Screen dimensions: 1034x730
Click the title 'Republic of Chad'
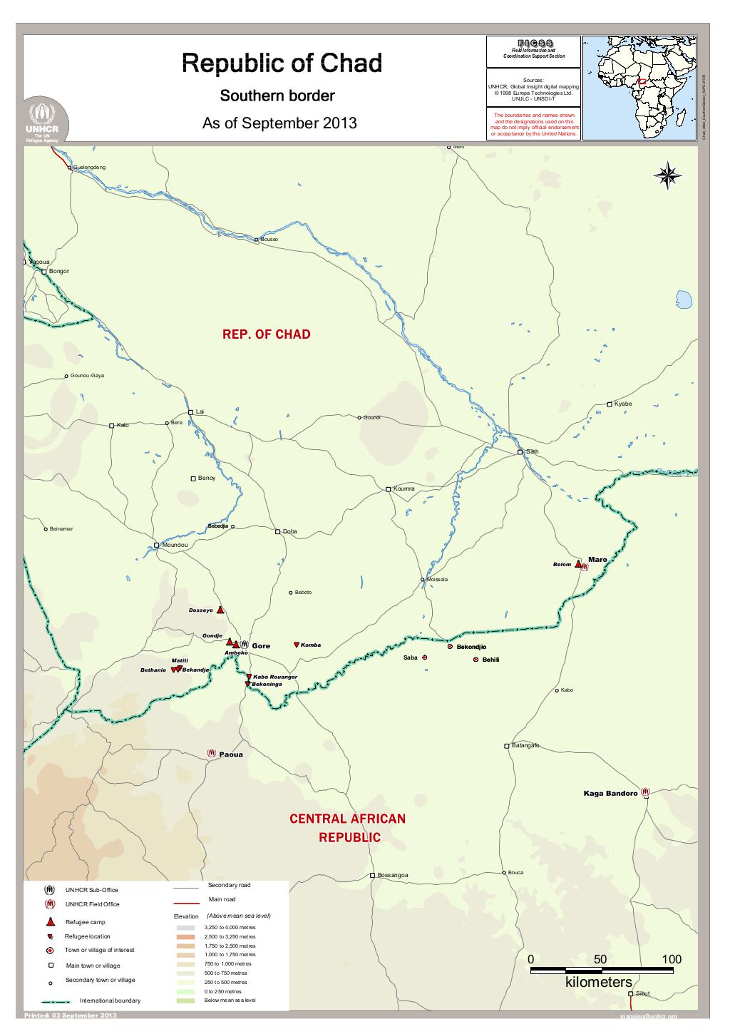pyautogui.click(x=282, y=63)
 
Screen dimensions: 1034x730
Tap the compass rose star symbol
pyautogui.click(x=669, y=175)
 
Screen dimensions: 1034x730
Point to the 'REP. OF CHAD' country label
pyautogui.click(x=267, y=334)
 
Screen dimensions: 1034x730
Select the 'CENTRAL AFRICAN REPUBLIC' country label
pyautogui.click(x=347, y=828)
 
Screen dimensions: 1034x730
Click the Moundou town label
pyautogui.click(x=175, y=545)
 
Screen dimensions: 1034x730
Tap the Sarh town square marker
pyautogui.click(x=520, y=452)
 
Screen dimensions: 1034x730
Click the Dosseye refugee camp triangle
pyautogui.click(x=221, y=610)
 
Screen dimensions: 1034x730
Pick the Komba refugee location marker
pyautogui.click(x=297, y=645)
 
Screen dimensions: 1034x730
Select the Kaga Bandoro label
pyautogui.click(x=610, y=794)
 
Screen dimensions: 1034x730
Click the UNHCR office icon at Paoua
pyautogui.click(x=212, y=753)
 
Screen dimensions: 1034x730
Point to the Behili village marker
pyautogui.click(x=475, y=660)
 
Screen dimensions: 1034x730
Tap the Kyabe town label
pyautogui.click(x=623, y=404)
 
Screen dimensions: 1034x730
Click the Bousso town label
pyautogui.click(x=269, y=239)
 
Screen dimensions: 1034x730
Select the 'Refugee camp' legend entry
pyautogui.click(x=85, y=922)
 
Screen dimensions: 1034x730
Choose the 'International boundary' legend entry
pyautogui.click(x=110, y=1000)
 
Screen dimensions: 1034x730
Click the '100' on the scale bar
pyautogui.click(x=672, y=959)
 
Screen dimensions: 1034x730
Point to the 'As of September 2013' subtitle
pyautogui.click(x=279, y=123)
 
